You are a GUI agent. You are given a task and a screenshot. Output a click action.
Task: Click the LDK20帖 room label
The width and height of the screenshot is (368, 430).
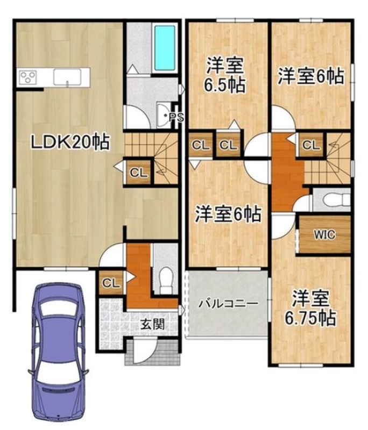pyautogui.click(x=70, y=142)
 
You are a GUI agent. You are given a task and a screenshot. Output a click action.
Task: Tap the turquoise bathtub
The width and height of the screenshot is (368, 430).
pyautogui.click(x=165, y=48)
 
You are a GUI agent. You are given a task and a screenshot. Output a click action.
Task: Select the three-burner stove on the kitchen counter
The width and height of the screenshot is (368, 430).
pyautogui.click(x=27, y=76)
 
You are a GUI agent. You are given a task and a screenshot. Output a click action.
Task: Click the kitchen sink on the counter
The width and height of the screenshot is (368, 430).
pyautogui.click(x=67, y=77)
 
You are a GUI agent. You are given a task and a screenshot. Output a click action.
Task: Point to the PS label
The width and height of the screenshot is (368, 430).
pyautogui.click(x=176, y=118)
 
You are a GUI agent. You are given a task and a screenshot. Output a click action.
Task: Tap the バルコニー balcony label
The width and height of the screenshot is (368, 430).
pyautogui.click(x=228, y=304)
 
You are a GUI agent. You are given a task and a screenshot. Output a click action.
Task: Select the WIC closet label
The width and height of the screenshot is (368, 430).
pyautogui.click(x=324, y=235)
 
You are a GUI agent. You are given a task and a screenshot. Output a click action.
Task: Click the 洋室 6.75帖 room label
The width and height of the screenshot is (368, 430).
pyautogui.click(x=310, y=307)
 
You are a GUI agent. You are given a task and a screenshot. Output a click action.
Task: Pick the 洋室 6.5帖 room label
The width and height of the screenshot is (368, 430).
pyautogui.click(x=224, y=75)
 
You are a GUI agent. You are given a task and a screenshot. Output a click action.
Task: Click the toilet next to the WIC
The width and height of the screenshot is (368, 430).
pyautogui.click(x=336, y=200)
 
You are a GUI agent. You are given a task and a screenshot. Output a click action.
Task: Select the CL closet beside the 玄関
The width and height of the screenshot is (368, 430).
pyautogui.click(x=111, y=283)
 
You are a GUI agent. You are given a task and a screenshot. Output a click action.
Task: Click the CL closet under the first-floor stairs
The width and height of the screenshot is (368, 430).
pyautogui.click(x=139, y=173)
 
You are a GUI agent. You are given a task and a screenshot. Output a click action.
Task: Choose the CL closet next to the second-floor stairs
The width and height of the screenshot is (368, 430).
pyautogui.click(x=311, y=145)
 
